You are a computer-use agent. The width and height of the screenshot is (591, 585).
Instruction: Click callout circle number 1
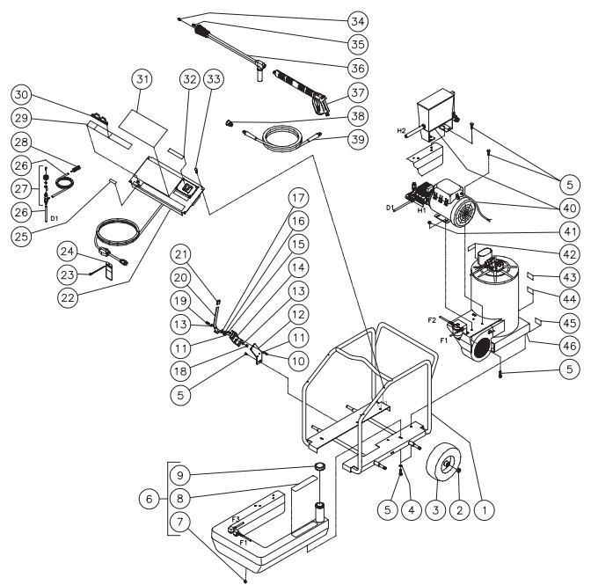coord(481,508)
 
